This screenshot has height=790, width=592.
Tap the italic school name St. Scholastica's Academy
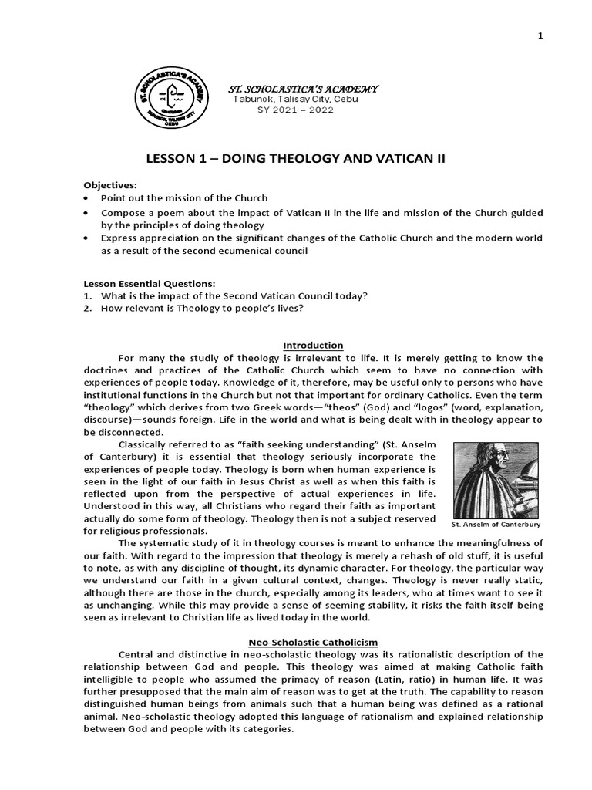click(290, 90)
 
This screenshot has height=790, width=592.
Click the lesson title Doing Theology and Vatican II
click(295, 159)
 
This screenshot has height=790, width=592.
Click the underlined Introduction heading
click(313, 345)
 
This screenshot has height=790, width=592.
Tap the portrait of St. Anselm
click(496, 479)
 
